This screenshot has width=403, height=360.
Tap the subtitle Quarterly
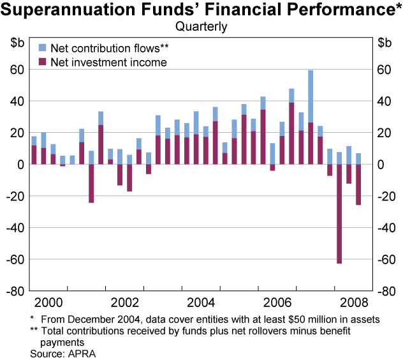201,27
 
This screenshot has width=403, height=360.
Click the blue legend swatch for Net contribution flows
43,47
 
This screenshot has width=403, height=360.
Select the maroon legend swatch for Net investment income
43,62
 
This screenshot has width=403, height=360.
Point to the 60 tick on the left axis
17,70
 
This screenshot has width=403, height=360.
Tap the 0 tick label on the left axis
20,165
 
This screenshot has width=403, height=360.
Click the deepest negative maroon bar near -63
339,214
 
